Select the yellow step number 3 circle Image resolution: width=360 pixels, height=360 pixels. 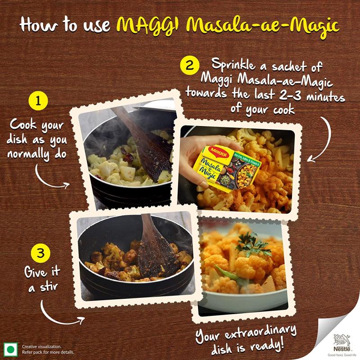40,253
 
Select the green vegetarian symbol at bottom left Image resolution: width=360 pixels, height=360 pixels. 10,349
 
